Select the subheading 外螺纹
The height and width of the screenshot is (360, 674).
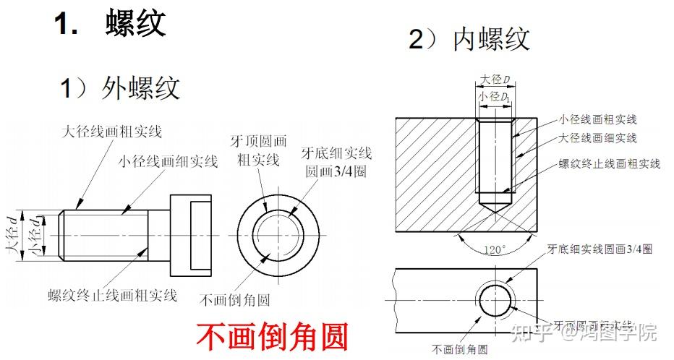[140, 88]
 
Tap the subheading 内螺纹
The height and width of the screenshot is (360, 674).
[491, 39]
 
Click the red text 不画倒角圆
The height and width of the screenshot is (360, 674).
[273, 337]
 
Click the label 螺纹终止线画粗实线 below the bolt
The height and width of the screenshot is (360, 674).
[112, 295]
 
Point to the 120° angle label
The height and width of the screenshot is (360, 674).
[494, 249]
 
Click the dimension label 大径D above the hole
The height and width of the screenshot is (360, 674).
[495, 79]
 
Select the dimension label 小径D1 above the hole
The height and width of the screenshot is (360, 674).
[495, 95]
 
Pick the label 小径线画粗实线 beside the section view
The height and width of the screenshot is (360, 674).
[597, 119]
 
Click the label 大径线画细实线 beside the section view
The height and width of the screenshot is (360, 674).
[597, 137]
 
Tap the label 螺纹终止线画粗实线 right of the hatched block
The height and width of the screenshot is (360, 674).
[609, 164]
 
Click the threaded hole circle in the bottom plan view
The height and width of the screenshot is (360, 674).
[494, 299]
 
